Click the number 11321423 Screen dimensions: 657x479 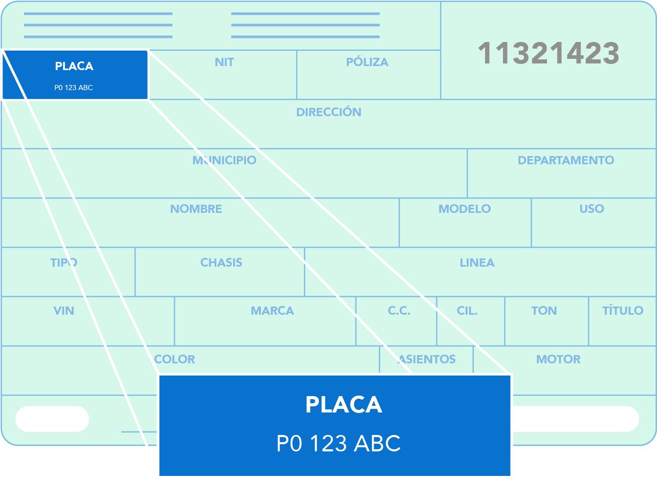pos(549,53)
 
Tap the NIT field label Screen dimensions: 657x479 pos(225,62)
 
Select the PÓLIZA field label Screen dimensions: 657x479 pos(367,61)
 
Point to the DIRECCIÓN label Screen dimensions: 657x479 pos(328,112)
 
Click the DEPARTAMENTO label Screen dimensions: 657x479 pos(566,160)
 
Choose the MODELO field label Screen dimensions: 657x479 pos(465,209)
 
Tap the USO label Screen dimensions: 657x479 pos(592,209)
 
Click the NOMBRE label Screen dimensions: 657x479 pos(196,209)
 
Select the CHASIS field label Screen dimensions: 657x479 pos(221,263)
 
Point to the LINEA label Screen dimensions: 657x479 pos(477,263)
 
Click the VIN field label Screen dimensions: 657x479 pos(63,311)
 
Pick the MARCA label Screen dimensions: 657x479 pos(272,311)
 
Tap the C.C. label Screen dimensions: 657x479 pos(399,311)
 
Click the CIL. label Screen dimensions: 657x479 pos(467,311)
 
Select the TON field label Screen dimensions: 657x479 pos(544,311)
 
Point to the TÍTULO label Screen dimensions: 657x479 pos(623,310)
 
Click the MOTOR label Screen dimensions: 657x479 pos(558,359)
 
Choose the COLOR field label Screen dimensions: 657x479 pos(174,359)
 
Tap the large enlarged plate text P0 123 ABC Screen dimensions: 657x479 pos(338,443)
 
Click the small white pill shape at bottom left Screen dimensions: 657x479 pos(52,419)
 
